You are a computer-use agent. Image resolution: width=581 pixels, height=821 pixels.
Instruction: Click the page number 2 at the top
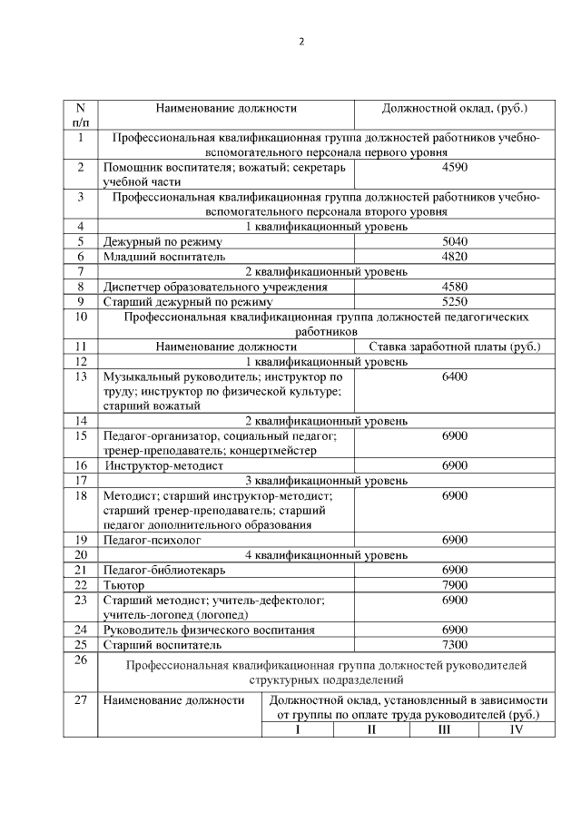(x=300, y=42)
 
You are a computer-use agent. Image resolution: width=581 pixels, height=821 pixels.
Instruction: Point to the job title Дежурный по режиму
(x=162, y=241)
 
